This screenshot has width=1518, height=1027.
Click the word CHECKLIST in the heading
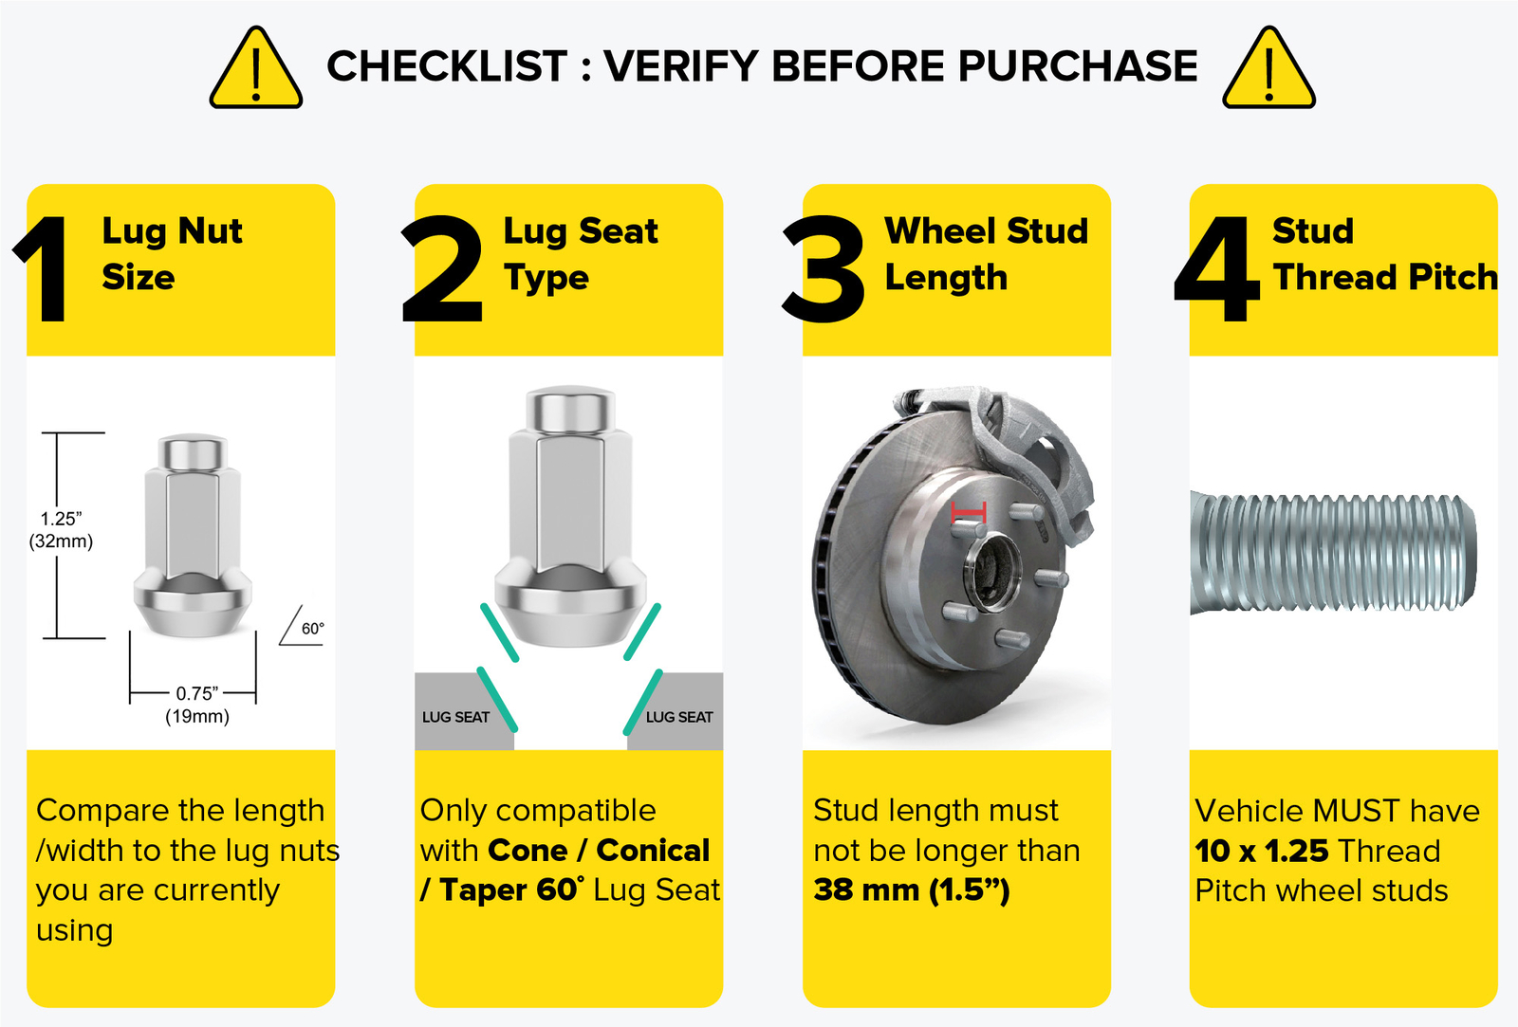pos(447,65)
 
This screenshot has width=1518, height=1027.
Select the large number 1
pos(44,269)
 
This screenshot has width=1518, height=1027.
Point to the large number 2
pos(442,268)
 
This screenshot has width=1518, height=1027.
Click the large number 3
pos(824,268)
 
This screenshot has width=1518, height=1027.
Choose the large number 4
pos(1216,269)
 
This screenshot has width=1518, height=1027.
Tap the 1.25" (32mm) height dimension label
pos(61,530)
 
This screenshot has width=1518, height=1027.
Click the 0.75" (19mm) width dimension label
pos(197,705)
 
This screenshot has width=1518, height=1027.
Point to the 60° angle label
pos(312,629)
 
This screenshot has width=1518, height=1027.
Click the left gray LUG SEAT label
pos(455,717)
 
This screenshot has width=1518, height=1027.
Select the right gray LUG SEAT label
pos(679,717)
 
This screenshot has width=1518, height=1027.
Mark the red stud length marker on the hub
pos(969,512)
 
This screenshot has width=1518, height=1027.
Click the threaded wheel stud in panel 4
pos(1333,553)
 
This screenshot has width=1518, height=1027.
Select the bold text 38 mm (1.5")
pos(912,890)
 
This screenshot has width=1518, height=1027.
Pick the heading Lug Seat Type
pos(580,254)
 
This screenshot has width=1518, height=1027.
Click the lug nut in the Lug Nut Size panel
pos(194,535)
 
